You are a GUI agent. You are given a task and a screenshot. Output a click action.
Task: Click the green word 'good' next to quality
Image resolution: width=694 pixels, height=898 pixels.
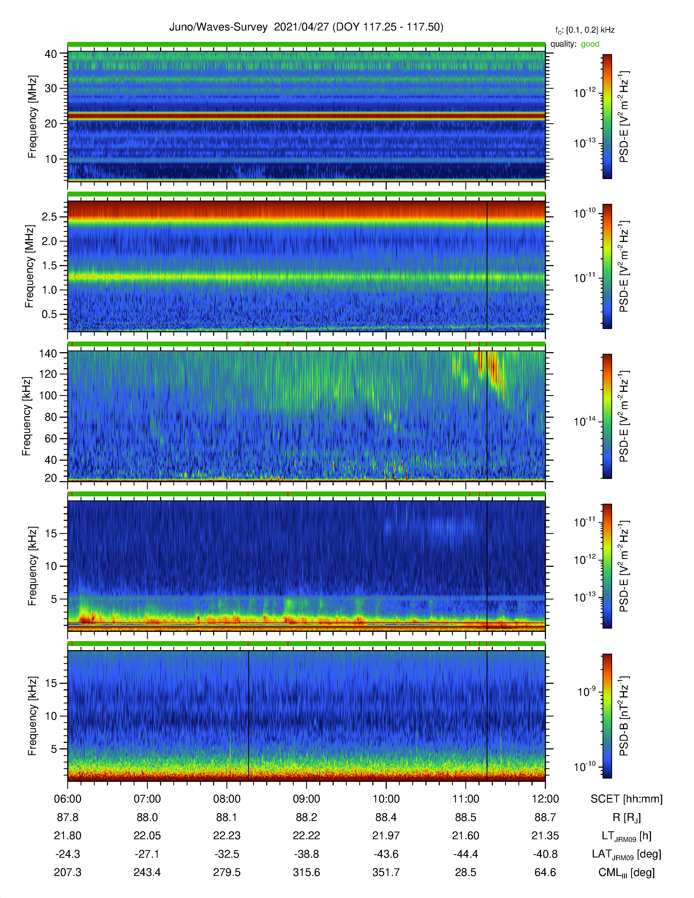coord(590,44)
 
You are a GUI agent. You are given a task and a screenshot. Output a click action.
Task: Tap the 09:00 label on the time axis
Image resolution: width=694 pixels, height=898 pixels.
coord(306,799)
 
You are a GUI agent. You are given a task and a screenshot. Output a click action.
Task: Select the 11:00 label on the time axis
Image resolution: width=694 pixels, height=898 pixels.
coord(465,799)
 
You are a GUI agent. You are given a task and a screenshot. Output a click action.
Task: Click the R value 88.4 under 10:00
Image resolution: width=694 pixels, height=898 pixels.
coord(386,817)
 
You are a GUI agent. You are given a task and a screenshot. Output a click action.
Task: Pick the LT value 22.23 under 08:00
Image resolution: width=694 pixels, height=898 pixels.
coord(226,836)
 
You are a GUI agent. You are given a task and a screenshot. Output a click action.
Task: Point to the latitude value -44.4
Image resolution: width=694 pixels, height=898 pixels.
coord(465,854)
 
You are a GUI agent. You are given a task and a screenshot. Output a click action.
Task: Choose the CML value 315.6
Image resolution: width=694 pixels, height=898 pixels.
coord(306,872)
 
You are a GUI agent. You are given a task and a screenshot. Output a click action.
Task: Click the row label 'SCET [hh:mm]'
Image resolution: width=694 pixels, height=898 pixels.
coord(627,799)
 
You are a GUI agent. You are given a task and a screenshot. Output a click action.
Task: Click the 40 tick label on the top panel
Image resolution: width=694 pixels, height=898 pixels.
coord(51,54)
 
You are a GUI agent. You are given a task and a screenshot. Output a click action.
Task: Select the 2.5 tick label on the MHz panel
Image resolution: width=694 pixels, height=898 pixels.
coord(49,217)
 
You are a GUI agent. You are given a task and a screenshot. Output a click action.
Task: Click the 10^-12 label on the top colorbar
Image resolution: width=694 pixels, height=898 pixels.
coord(585,93)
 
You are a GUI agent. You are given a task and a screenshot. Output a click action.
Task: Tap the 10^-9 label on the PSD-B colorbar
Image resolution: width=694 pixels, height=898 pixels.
coord(587,692)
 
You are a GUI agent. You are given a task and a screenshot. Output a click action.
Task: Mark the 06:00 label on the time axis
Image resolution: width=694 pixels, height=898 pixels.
coord(68,799)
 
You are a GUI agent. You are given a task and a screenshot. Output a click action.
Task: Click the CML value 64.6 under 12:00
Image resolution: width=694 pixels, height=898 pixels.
coord(545,872)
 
